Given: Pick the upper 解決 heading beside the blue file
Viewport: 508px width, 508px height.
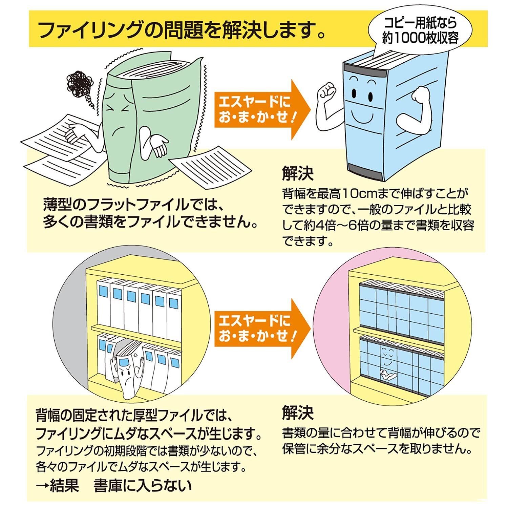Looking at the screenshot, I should tap(298, 173).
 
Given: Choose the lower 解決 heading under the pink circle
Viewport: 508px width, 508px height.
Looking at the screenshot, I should tap(298, 412).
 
